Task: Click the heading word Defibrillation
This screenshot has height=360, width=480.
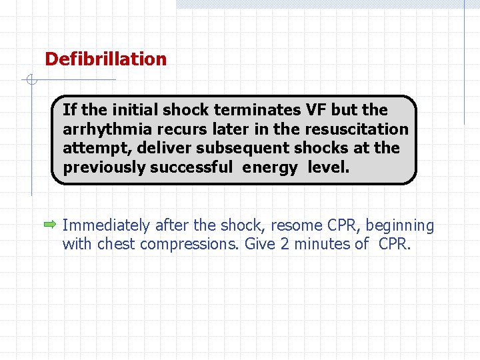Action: pos(105,59)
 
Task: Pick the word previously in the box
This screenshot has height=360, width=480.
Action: pos(104,167)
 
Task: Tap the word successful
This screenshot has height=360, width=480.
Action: pos(191,167)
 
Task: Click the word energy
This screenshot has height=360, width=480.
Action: pos(269,167)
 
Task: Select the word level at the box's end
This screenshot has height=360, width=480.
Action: pos(328,167)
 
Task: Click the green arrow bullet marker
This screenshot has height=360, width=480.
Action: pos(51,226)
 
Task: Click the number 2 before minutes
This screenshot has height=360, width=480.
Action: pos(285,244)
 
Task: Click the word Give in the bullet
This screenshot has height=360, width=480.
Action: pos(261,244)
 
